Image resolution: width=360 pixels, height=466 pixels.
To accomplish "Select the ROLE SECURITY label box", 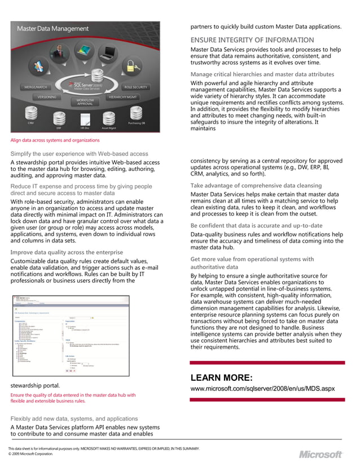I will [135, 87].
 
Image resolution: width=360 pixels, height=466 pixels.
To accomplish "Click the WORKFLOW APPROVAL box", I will [85, 102].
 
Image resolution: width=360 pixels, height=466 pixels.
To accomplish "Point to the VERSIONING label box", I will [46, 97].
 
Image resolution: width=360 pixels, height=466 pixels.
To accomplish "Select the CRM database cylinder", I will [30, 115].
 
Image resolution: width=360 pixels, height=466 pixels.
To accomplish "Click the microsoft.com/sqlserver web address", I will [262, 389].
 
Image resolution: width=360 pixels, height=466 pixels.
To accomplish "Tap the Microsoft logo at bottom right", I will [321, 454].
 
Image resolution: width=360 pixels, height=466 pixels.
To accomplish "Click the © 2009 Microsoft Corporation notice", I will [30, 454].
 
